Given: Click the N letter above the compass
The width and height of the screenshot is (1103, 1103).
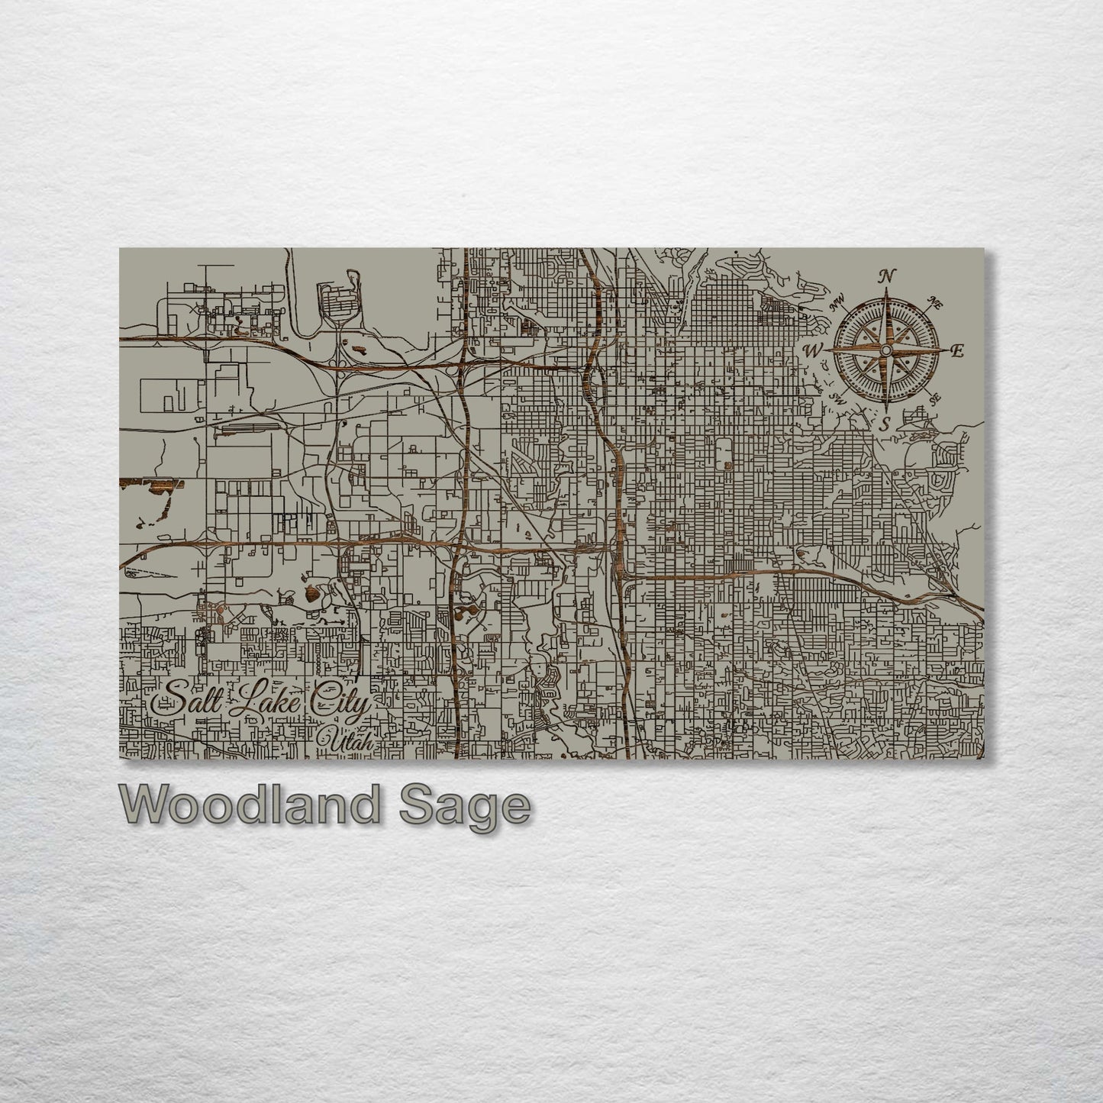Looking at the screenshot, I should coord(885,276).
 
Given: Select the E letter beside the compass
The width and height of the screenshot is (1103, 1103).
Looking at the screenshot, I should coord(957,351).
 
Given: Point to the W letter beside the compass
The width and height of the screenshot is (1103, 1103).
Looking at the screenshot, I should coord(814,351).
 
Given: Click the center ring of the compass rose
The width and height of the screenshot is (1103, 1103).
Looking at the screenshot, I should coord(885,350).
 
